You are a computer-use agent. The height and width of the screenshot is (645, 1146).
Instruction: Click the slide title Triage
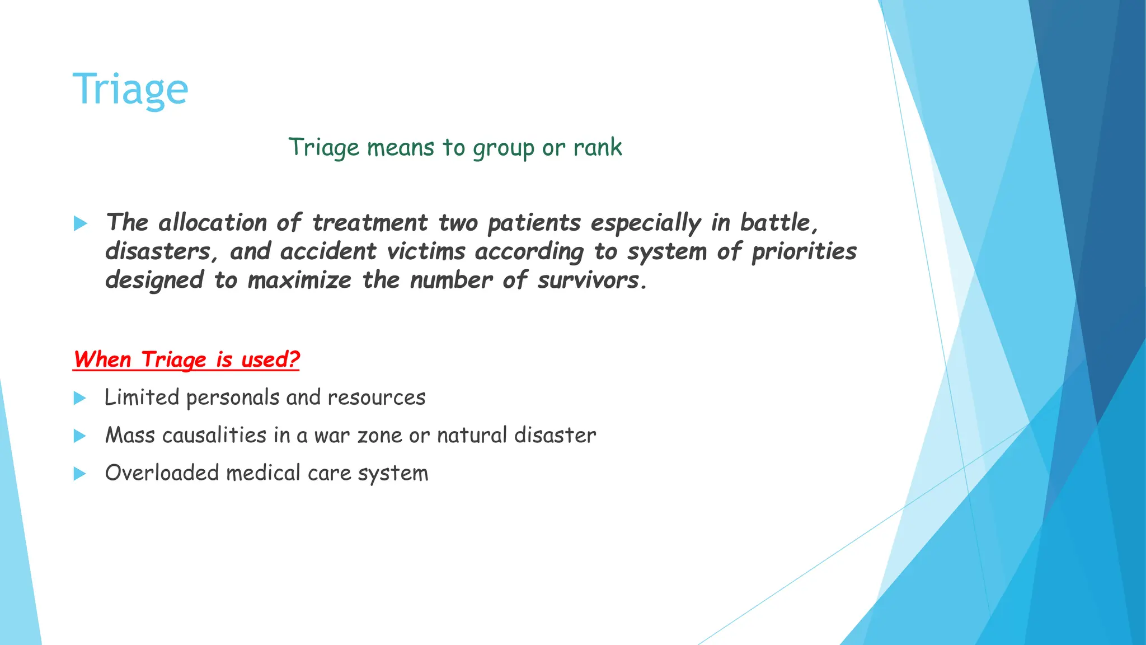pos(130,90)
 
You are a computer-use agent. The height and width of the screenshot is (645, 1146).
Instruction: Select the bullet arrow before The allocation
pos(81,224)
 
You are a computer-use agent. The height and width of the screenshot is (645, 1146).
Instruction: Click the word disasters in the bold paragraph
pos(158,251)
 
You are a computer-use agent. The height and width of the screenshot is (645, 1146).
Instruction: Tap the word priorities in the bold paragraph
pos(804,252)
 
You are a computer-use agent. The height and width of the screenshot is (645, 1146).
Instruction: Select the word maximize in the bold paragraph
pos(299,280)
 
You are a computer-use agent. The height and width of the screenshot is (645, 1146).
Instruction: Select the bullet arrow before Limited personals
pos(80,399)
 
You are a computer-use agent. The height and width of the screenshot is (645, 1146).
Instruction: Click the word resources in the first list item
pos(377,398)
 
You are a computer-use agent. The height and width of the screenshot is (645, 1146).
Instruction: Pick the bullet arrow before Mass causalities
pos(80,436)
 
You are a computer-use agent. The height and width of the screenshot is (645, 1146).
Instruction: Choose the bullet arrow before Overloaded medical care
pos(80,474)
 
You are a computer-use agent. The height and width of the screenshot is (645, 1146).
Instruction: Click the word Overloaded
pos(162,473)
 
